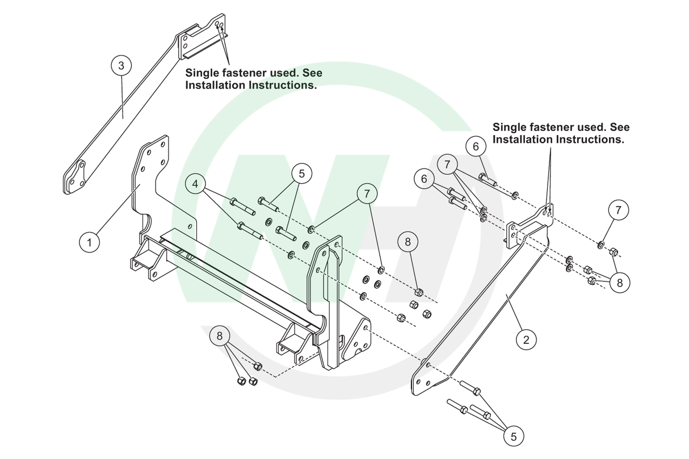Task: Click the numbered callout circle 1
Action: [89, 243]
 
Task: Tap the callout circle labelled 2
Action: [526, 340]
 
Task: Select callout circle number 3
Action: [121, 65]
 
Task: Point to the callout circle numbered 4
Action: [196, 184]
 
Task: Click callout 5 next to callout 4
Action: [301, 173]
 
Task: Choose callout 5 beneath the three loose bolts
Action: [514, 436]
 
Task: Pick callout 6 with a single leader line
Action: [476, 146]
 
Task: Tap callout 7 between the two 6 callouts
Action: [448, 165]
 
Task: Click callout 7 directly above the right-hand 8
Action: [618, 210]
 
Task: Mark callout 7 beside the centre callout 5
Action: [367, 193]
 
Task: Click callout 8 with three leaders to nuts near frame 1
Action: [220, 336]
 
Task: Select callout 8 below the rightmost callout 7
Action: [619, 282]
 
